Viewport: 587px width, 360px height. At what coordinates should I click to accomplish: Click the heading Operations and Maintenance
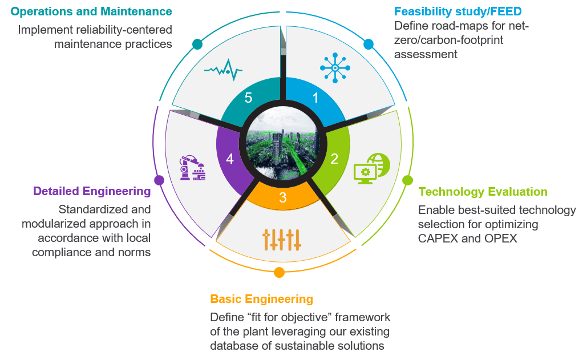(91, 11)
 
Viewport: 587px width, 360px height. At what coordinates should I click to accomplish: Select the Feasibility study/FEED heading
(458, 11)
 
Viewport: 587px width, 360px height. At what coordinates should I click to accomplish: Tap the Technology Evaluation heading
(483, 192)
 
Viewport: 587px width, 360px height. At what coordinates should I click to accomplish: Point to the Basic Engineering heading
(261, 299)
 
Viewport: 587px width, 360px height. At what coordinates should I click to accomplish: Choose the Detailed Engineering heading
(92, 191)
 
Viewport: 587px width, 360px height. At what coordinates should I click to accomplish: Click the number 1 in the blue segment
(315, 98)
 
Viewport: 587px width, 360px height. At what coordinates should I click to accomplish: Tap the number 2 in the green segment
(334, 159)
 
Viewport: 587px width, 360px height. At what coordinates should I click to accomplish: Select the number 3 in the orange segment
(283, 198)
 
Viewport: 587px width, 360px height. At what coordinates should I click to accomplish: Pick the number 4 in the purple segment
(230, 159)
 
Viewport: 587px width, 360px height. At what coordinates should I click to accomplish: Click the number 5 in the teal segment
(248, 98)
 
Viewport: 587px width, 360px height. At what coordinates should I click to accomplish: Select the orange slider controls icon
(281, 240)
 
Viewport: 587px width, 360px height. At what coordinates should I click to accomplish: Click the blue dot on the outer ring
(369, 44)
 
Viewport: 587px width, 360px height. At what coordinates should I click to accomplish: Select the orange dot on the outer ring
(279, 273)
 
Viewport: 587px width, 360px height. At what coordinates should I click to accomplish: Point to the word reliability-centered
(124, 29)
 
